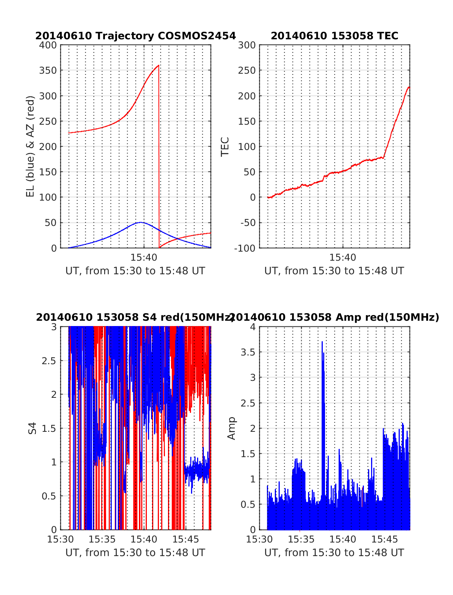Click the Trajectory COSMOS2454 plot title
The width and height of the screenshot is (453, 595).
click(x=136, y=36)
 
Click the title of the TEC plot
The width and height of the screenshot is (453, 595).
click(x=334, y=36)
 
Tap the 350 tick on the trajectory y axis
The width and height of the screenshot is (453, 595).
click(x=48, y=71)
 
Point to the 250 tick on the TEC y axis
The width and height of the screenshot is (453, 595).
click(x=247, y=71)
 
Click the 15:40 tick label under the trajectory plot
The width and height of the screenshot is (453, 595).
click(x=144, y=258)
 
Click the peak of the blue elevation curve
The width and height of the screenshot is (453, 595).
click(x=141, y=223)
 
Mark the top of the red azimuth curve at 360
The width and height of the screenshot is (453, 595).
click(x=159, y=65)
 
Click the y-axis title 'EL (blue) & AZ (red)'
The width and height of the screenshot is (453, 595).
click(x=31, y=146)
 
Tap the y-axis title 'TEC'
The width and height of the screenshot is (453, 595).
click(x=225, y=147)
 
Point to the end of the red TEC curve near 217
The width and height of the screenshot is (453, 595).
click(x=409, y=87)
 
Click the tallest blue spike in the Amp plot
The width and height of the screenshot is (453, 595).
click(x=322, y=342)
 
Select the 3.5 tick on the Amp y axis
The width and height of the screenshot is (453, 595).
click(x=248, y=352)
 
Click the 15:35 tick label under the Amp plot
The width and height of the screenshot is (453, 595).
click(x=301, y=539)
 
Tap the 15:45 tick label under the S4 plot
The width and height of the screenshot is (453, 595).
click(x=186, y=539)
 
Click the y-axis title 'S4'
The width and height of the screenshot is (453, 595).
click(x=32, y=428)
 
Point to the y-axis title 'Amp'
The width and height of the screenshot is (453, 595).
click(x=231, y=428)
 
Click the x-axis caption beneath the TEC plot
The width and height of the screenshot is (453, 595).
click(x=334, y=271)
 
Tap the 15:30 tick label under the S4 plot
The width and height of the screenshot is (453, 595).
click(x=60, y=539)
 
